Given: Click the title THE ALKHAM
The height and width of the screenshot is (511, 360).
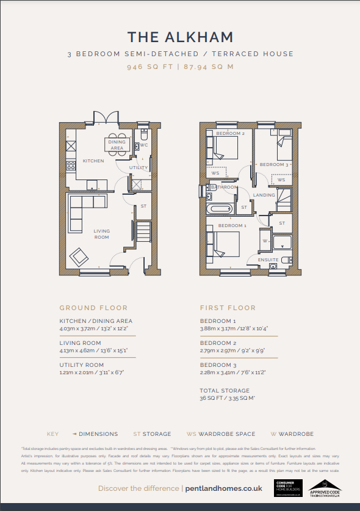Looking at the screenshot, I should (180, 38).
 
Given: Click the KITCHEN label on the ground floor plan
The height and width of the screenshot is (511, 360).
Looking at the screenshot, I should (93, 161).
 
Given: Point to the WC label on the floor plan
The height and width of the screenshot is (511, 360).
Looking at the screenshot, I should (144, 145).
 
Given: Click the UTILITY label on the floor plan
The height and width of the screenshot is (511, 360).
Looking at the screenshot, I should (139, 167).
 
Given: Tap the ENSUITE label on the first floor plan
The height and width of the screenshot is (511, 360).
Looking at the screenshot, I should (269, 260).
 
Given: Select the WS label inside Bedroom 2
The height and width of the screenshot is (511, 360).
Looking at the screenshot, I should (215, 173).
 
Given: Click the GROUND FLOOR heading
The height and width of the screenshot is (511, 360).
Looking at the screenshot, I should (93, 308).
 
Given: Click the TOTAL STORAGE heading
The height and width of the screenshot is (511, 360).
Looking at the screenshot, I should (225, 390).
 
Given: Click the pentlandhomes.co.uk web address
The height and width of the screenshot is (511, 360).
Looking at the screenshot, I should (223, 488).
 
